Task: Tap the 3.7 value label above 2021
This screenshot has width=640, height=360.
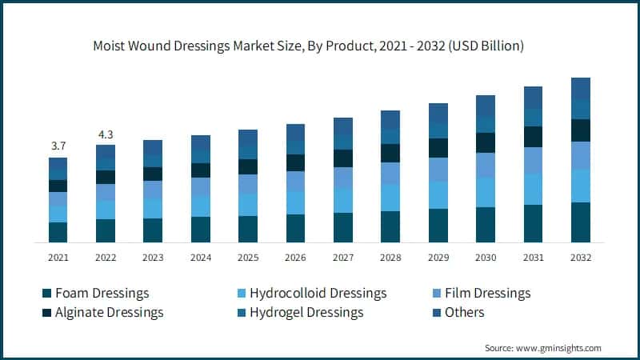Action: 58,146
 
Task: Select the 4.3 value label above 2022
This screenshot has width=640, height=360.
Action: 105,134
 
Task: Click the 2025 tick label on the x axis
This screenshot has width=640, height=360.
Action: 247,258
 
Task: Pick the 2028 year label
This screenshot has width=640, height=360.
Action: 390,258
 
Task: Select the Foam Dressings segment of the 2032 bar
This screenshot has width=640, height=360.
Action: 580,222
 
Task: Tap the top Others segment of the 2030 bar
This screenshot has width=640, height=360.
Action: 485,106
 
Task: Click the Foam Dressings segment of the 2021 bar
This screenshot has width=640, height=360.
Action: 58,232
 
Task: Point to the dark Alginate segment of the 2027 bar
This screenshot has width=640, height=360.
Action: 342,158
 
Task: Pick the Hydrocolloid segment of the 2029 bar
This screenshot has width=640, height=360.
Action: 438,194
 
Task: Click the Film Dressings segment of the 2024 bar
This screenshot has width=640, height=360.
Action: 200,186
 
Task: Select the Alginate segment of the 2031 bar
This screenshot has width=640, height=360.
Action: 533,137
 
